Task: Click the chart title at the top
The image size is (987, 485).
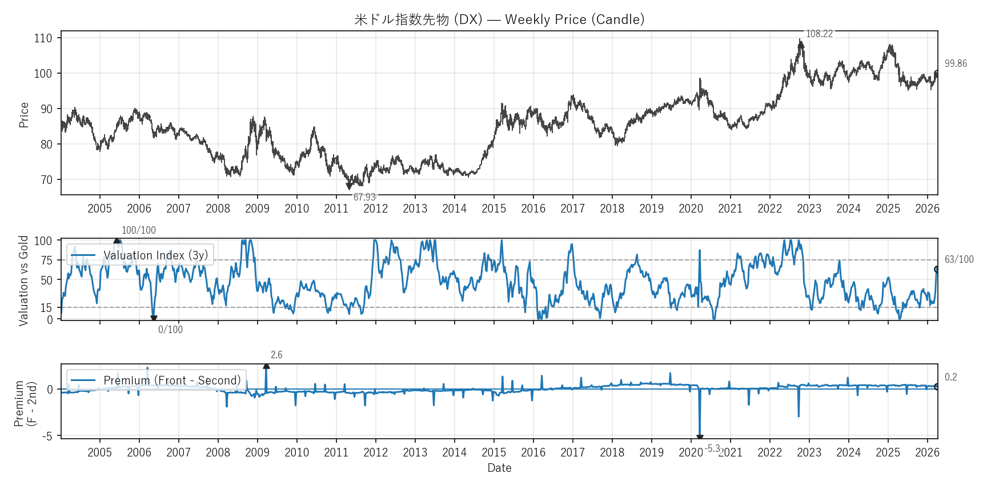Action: coord(499,19)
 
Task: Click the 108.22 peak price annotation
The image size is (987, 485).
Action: coord(819,34)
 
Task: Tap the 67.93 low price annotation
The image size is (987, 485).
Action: coord(364,198)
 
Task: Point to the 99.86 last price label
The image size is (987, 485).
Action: coord(956,63)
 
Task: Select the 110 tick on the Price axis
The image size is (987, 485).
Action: coord(43,38)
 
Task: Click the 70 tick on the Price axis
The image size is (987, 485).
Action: coord(46,180)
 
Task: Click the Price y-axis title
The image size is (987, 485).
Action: coord(24,115)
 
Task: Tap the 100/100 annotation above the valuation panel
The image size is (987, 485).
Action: coord(138,230)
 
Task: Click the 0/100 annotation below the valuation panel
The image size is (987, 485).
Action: coord(170,330)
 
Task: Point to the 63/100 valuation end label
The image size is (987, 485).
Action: coord(959,259)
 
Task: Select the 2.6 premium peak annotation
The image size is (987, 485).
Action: coord(276,355)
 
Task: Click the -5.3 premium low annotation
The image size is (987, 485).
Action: coord(712,448)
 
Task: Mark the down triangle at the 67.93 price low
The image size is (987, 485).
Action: coord(349,186)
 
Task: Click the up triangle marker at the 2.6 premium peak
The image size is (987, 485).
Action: coord(266,366)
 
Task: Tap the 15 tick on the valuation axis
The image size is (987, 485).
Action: coord(46,308)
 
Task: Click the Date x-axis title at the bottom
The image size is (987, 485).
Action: coord(499,468)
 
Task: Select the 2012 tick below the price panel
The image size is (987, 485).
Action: coord(375,209)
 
